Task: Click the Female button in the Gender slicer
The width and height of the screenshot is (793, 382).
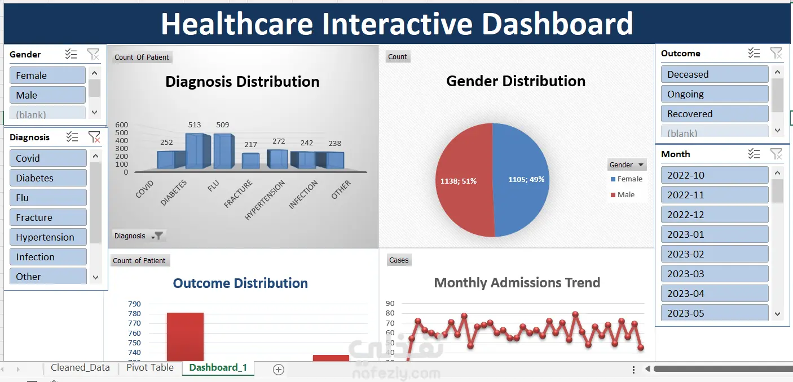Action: pyautogui.click(x=47, y=75)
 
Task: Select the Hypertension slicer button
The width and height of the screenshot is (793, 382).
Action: pyautogui.click(x=48, y=237)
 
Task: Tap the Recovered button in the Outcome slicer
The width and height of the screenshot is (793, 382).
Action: pyautogui.click(x=715, y=114)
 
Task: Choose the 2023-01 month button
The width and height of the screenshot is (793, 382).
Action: pyautogui.click(x=715, y=234)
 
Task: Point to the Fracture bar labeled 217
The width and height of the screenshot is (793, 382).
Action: pyautogui.click(x=250, y=161)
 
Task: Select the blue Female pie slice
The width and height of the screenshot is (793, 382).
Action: pyautogui.click(x=521, y=180)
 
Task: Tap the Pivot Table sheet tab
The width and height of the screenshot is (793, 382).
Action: pyautogui.click(x=150, y=367)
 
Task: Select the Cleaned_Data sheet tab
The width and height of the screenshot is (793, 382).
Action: pyautogui.click(x=80, y=367)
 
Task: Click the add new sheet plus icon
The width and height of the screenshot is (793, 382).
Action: pyautogui.click(x=279, y=369)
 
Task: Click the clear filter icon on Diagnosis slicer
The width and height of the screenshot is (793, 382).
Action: pyautogui.click(x=94, y=137)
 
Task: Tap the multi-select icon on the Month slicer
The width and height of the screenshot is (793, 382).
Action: pyautogui.click(x=754, y=154)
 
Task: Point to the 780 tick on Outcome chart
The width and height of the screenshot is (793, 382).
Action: pyautogui.click(x=135, y=313)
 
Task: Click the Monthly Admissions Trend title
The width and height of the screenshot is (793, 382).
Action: pyautogui.click(x=517, y=283)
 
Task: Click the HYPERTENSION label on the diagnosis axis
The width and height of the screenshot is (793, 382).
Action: pyautogui.click(x=265, y=200)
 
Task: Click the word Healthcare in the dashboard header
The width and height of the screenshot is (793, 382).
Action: pyautogui.click(x=237, y=24)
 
